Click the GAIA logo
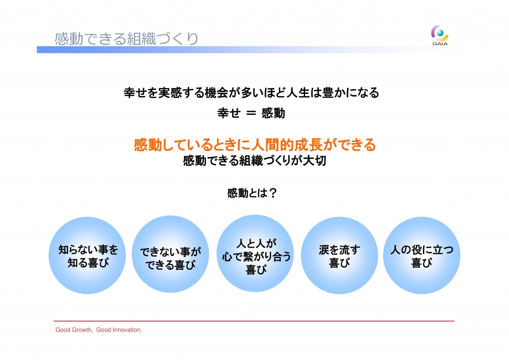[x=440, y=35]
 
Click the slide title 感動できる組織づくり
[x=126, y=39]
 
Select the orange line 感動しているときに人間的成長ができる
[x=254, y=145]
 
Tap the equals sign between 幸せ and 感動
[x=251, y=113]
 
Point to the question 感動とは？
[x=252, y=193]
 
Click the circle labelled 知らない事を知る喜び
[x=87, y=256]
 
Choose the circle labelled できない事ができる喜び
[x=170, y=254]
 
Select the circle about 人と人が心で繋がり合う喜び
[x=255, y=253]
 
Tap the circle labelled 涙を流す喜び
[x=339, y=256]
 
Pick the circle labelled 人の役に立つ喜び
[x=422, y=256]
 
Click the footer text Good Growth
[x=74, y=330]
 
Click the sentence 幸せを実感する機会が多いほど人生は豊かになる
[x=251, y=93]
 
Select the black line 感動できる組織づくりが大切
[x=254, y=161]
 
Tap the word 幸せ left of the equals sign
[x=229, y=113]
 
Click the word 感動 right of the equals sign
[x=273, y=113]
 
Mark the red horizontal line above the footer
[x=254, y=321]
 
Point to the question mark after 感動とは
[x=273, y=193]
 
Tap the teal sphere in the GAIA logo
[x=440, y=33]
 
